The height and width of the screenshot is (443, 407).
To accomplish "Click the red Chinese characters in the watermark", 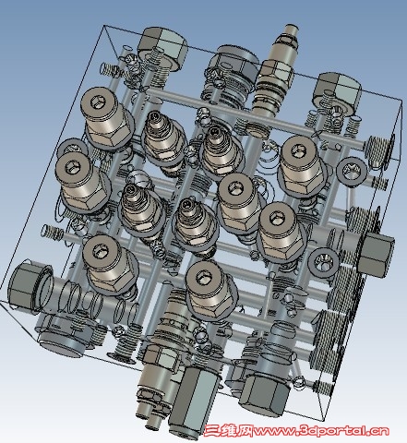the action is click(x=229, y=431).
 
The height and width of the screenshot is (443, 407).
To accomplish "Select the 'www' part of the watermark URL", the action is click(x=275, y=432).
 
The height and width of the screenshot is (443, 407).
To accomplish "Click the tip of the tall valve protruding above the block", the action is click(x=292, y=30).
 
